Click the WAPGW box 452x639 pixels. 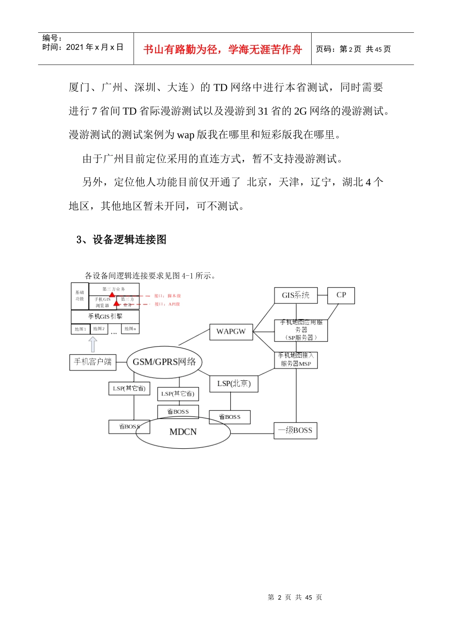(x=231, y=332)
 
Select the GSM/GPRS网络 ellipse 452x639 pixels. (x=164, y=362)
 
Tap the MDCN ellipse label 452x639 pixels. (x=183, y=432)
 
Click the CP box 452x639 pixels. (x=341, y=295)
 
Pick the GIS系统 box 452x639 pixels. (x=295, y=295)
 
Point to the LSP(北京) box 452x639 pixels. (x=234, y=384)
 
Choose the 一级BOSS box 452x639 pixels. (x=295, y=430)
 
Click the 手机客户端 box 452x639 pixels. (x=93, y=362)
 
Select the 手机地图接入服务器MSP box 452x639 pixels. (x=296, y=359)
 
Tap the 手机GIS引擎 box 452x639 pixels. (x=105, y=316)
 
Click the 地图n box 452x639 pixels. (x=130, y=329)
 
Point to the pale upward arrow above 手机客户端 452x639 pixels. (x=93, y=344)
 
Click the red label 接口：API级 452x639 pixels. (x=167, y=304)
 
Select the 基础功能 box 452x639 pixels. (x=79, y=296)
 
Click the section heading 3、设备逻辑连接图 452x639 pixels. (x=121, y=240)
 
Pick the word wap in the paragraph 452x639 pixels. (x=186, y=135)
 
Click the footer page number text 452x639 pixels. (x=295, y=597)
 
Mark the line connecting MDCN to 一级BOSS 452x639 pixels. (x=252, y=433)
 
